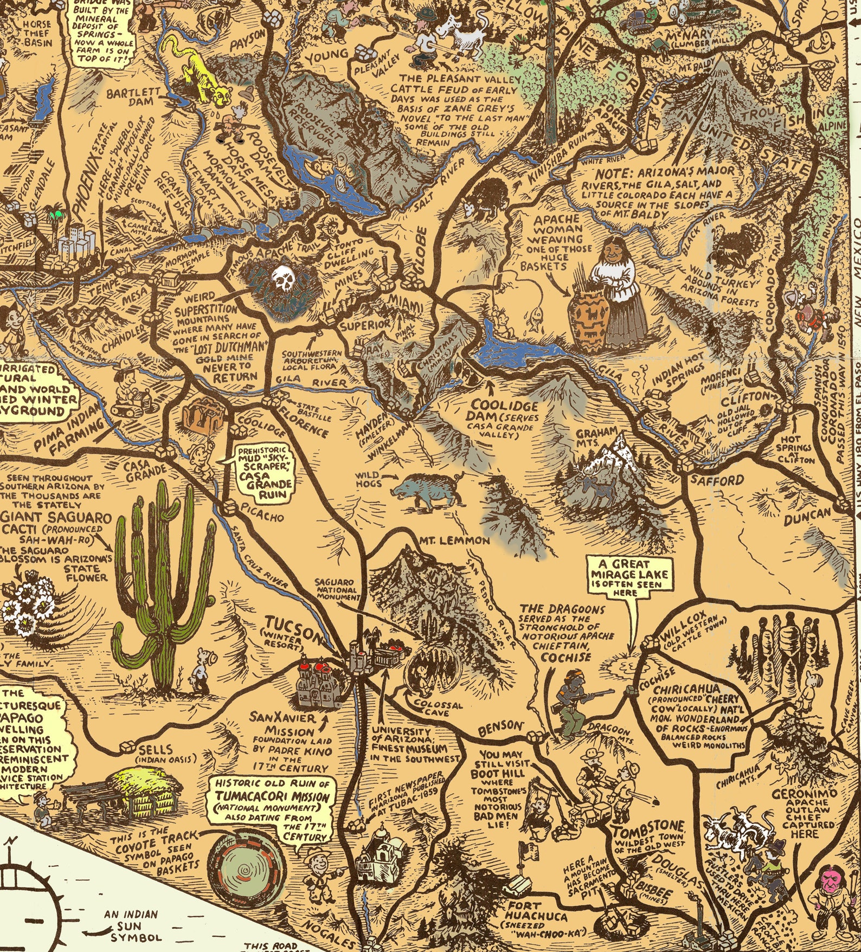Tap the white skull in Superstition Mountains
tap(282, 279)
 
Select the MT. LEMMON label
tap(454, 541)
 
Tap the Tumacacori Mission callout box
tap(273, 806)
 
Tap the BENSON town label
tap(500, 728)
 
